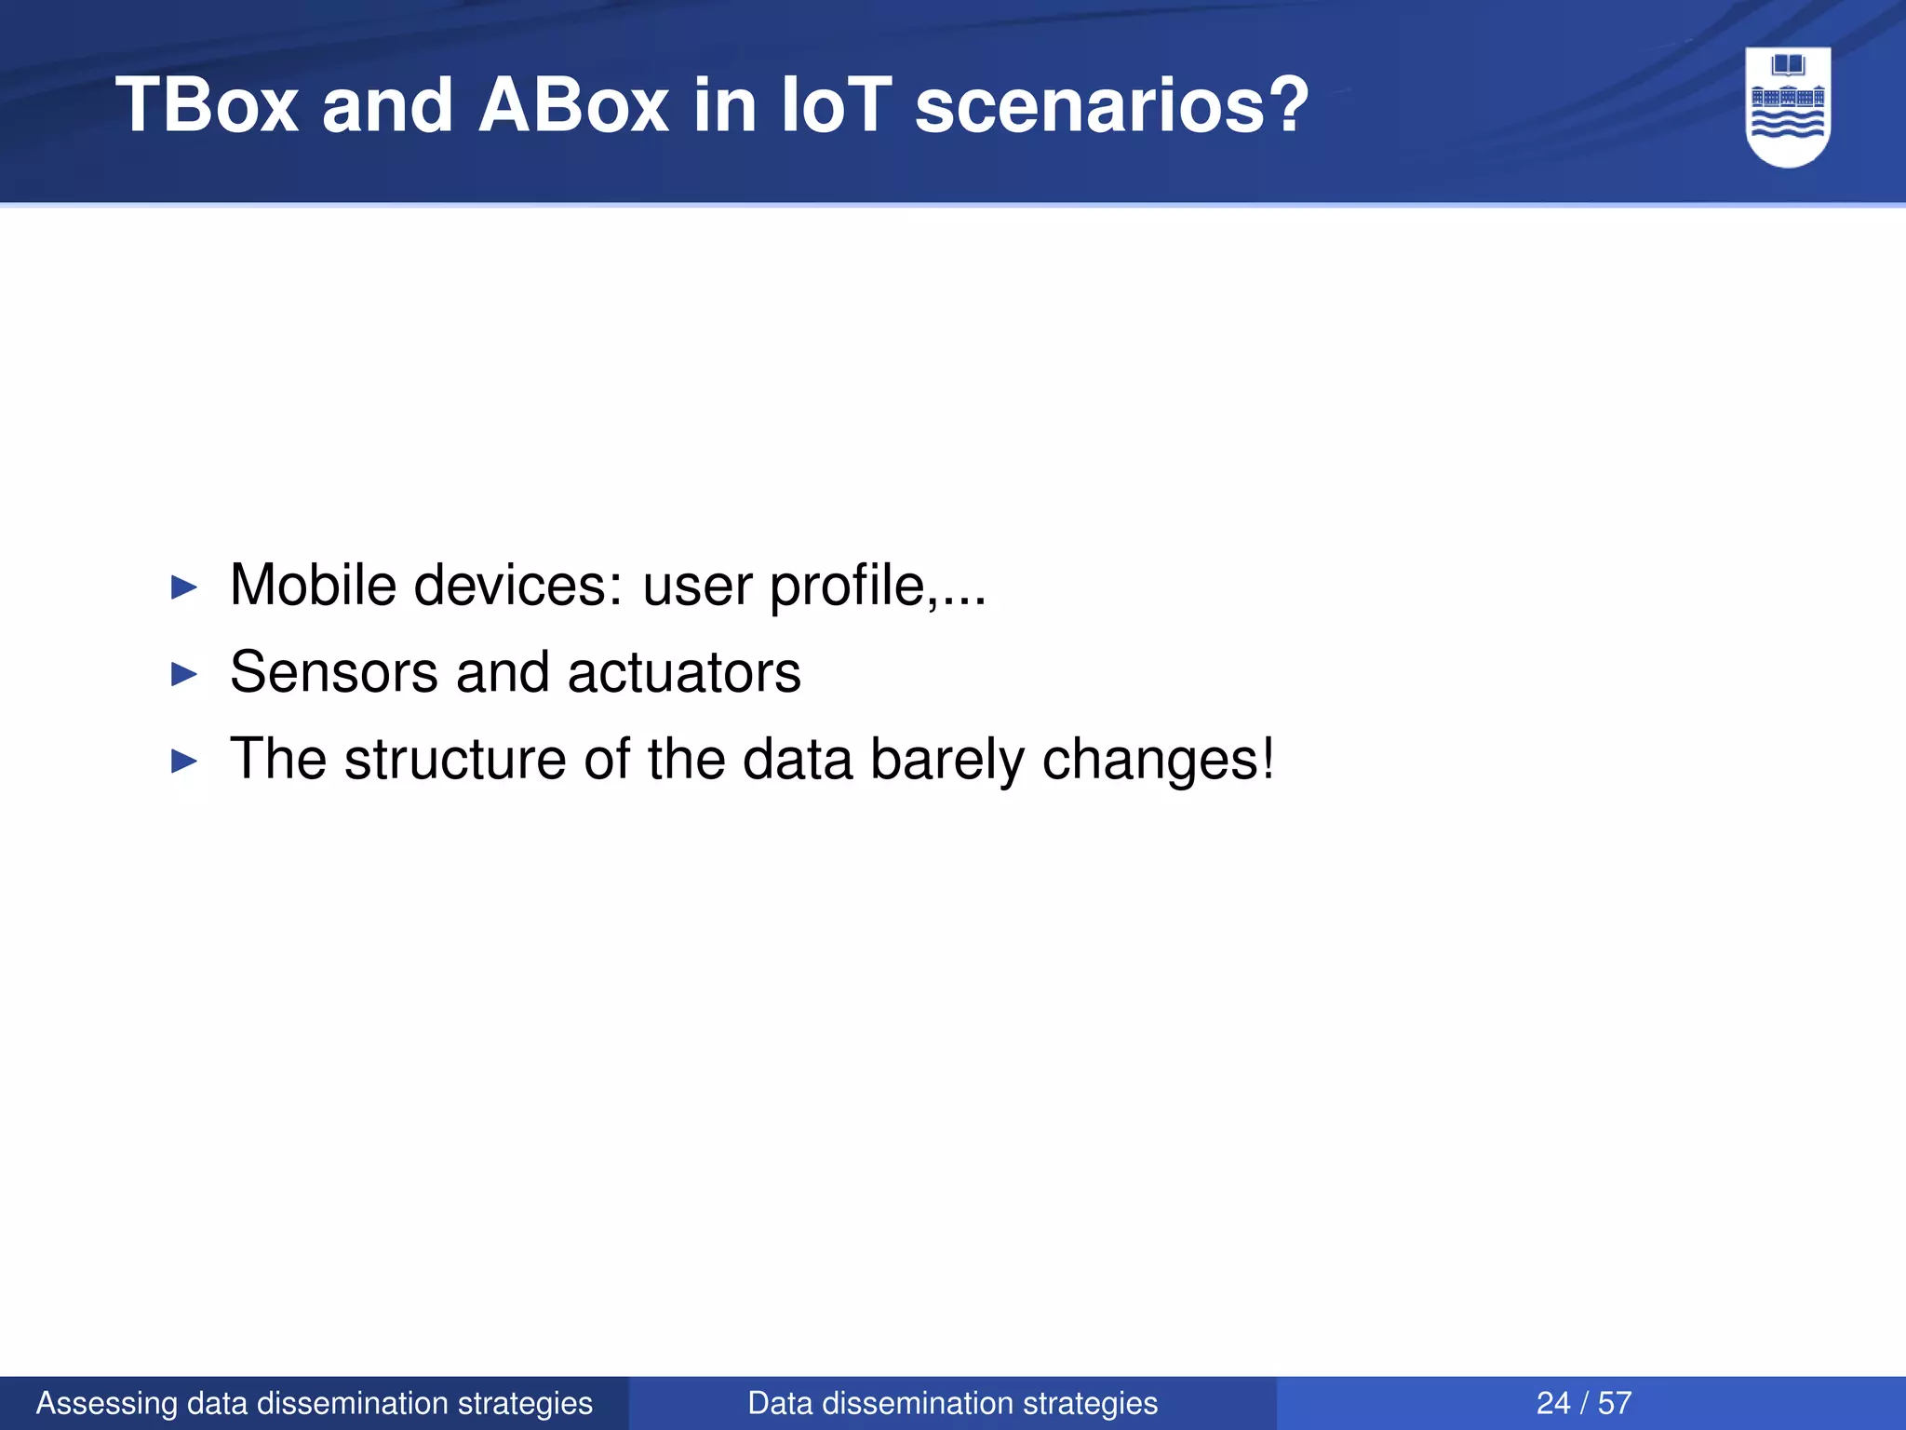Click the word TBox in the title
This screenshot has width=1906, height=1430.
click(207, 105)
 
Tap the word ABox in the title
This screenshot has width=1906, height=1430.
click(572, 105)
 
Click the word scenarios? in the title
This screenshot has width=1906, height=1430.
click(1111, 105)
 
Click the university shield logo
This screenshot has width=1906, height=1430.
click(1788, 106)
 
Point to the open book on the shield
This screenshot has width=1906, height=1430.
click(1788, 65)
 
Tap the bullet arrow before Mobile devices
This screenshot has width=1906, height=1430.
click(185, 587)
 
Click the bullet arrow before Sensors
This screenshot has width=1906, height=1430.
click(185, 674)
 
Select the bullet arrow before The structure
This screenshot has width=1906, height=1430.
click(185, 762)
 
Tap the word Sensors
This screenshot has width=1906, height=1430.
click(333, 672)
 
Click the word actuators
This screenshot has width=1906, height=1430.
click(684, 672)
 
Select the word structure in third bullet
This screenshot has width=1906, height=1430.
click(455, 759)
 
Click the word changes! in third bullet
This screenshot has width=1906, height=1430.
click(1158, 761)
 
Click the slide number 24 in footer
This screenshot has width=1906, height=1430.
click(1552, 1403)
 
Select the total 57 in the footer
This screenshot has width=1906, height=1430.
click(1615, 1403)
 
